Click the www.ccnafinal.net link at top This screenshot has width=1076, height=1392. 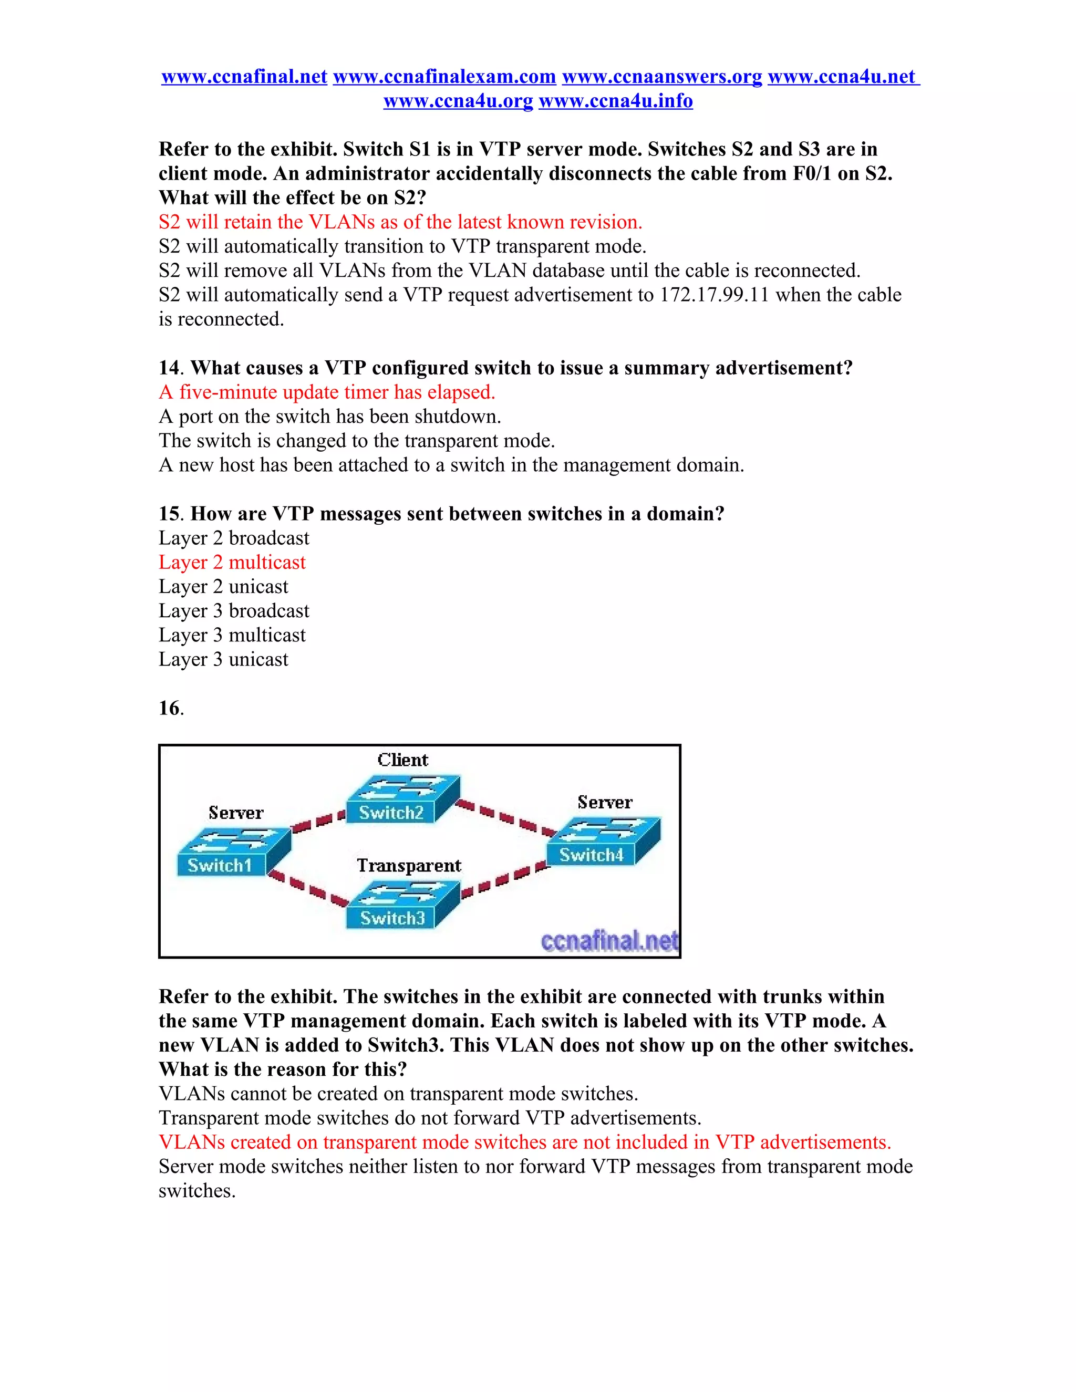point(244,77)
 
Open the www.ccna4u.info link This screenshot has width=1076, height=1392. point(616,101)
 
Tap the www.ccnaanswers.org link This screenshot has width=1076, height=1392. point(661,77)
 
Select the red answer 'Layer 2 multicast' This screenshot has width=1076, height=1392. point(232,562)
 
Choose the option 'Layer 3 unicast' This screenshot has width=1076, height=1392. point(223,659)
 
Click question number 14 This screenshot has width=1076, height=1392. point(169,368)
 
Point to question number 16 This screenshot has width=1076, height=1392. point(170,708)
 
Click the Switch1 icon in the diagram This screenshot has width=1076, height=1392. point(233,851)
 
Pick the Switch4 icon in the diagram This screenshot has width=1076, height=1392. point(603,842)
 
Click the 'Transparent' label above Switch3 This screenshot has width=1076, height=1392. point(409,866)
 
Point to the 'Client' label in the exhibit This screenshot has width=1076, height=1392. point(402,760)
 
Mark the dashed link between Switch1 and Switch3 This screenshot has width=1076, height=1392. point(308,888)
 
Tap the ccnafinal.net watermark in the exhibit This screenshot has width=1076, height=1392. point(609,941)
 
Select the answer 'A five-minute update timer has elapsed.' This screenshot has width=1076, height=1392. point(327,392)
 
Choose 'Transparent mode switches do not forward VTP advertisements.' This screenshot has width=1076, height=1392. point(430,1118)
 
